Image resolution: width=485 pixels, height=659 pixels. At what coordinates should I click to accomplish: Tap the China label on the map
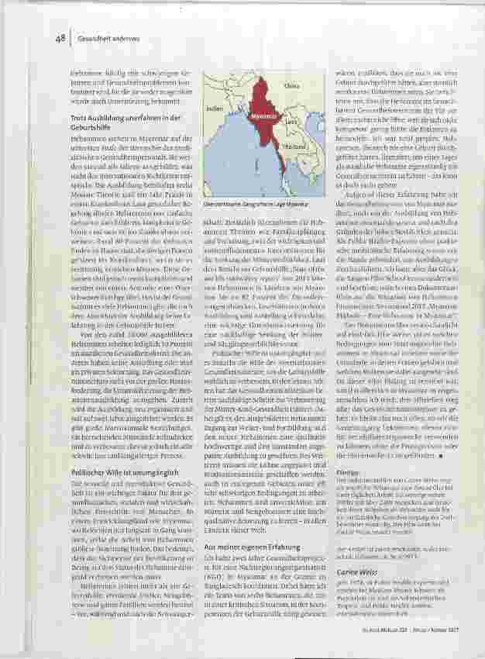(292, 86)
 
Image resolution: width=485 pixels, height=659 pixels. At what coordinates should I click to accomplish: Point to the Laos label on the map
(291, 122)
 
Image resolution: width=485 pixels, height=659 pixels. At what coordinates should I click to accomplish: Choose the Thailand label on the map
(291, 146)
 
